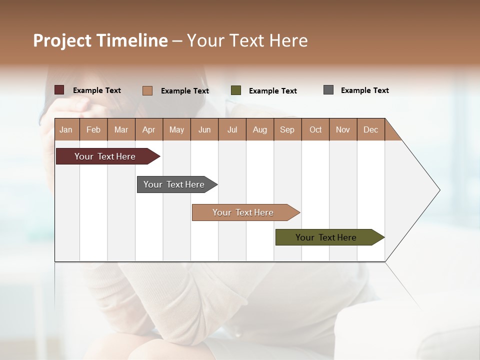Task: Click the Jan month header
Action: [66, 129]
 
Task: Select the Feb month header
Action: [93, 129]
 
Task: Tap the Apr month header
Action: [149, 129]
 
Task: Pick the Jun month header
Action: [204, 129]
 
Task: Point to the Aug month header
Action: [260, 129]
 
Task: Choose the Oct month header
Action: [315, 129]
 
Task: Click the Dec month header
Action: [371, 129]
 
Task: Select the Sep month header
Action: [287, 129]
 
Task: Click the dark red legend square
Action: [59, 90]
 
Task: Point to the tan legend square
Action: [147, 90]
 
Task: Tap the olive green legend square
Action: [236, 90]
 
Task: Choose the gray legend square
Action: [328, 90]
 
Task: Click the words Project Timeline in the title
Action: [100, 40]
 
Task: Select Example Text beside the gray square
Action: [365, 90]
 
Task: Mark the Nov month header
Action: [343, 129]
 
